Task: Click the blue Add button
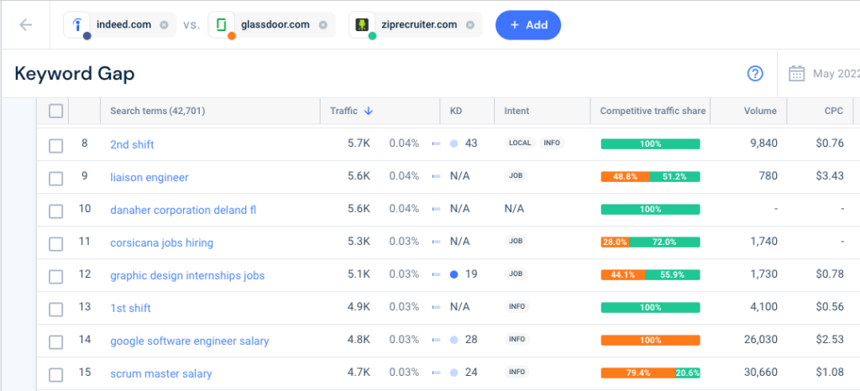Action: pyautogui.click(x=527, y=25)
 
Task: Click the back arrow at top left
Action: pyautogui.click(x=25, y=25)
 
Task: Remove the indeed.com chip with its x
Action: pyautogui.click(x=164, y=25)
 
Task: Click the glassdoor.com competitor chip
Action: pyautogui.click(x=273, y=25)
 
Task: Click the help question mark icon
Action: pyautogui.click(x=755, y=74)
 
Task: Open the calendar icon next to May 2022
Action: pyautogui.click(x=796, y=74)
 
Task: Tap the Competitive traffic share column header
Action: pyautogui.click(x=653, y=111)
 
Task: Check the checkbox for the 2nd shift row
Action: pyautogui.click(x=55, y=145)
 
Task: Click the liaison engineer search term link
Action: pyautogui.click(x=149, y=177)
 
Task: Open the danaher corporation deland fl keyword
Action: pyautogui.click(x=183, y=210)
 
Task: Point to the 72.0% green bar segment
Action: pyautogui.click(x=664, y=242)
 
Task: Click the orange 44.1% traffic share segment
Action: pyautogui.click(x=622, y=275)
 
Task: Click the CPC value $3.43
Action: pyautogui.click(x=831, y=177)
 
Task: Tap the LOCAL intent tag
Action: pyautogui.click(x=520, y=143)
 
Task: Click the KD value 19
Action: pyautogui.click(x=470, y=275)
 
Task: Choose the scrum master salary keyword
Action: pyautogui.click(x=160, y=373)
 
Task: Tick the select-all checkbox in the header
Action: pyautogui.click(x=55, y=111)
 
